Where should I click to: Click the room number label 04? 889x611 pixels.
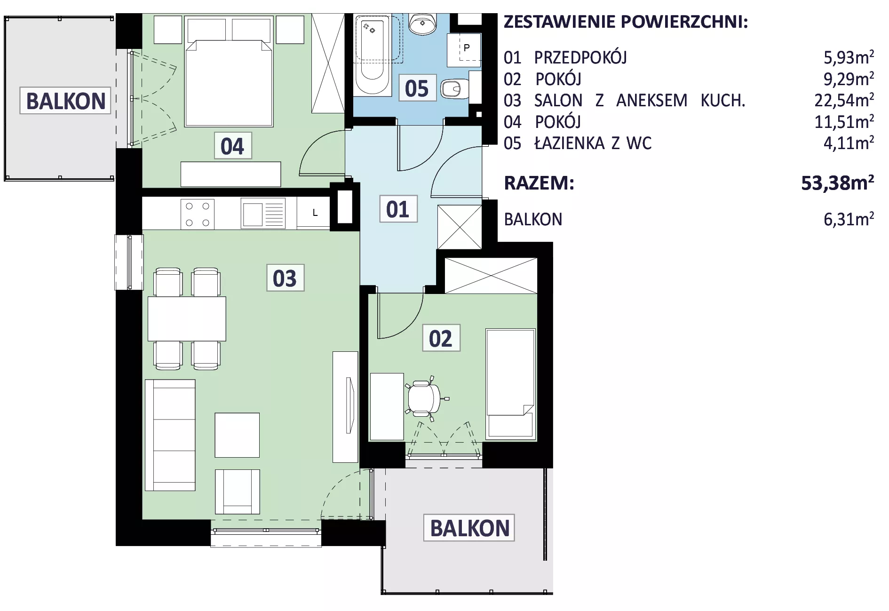point(232,146)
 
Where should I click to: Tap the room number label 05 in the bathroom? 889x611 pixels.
point(417,88)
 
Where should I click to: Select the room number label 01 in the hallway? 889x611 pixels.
point(398,209)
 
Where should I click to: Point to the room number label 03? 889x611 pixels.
point(285,278)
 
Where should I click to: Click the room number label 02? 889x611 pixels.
point(441,338)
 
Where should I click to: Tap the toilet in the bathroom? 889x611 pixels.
point(454,88)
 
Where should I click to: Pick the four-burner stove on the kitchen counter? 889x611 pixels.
point(198,214)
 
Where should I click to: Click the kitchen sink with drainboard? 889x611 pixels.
point(263,214)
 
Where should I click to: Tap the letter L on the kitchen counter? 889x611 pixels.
point(315,213)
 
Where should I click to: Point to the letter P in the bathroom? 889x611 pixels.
point(467,48)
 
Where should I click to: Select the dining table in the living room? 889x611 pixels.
point(187,318)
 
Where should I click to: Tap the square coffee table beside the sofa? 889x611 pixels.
point(237,435)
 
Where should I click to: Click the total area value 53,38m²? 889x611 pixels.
point(838,183)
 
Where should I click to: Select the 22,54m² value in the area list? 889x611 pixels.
point(844,100)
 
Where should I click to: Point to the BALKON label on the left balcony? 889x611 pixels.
point(66,101)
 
